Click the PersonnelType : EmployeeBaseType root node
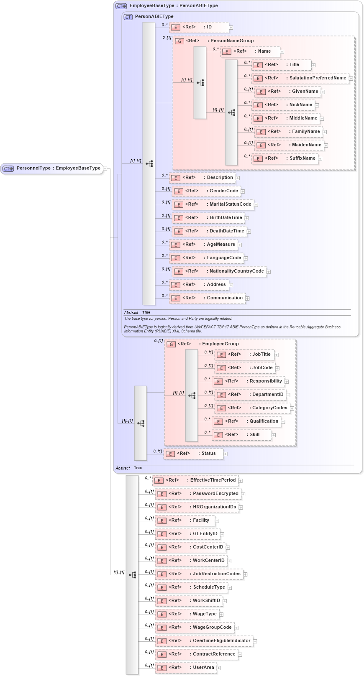pyautogui.click(x=52, y=168)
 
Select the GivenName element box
pyautogui.click(x=288, y=92)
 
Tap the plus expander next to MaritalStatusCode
pyautogui.click(x=256, y=205)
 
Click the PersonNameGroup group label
pyautogui.click(x=232, y=41)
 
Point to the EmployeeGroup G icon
pyautogui.click(x=171, y=344)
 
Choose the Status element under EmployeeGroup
pyautogui.click(x=194, y=454)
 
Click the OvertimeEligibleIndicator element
pyautogui.click(x=205, y=641)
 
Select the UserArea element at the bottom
pyautogui.click(x=187, y=668)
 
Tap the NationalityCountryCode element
pyautogui.click(x=219, y=271)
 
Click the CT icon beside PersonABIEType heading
pyautogui.click(x=128, y=17)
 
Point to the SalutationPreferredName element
pyautogui.click(x=301, y=78)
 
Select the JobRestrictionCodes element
pyautogui.click(x=200, y=574)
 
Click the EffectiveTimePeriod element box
pyautogui.click(x=196, y=480)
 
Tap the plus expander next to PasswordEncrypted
pyautogui.click(x=243, y=494)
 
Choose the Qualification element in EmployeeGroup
pyautogui.click(x=247, y=421)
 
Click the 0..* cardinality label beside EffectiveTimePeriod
pyautogui.click(x=148, y=478)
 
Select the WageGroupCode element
pyautogui.click(x=195, y=628)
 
